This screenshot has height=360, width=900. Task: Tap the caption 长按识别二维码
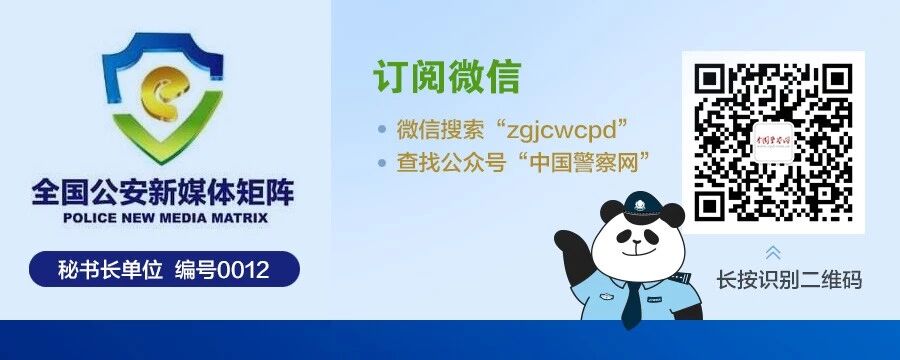click(789, 280)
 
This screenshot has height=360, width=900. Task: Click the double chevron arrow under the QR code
click(773, 251)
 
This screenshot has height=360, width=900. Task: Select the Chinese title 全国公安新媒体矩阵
click(165, 190)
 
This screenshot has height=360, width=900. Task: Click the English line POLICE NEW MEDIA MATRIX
click(165, 216)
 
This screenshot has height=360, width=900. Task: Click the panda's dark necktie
click(631, 304)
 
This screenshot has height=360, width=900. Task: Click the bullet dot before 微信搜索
click(381, 130)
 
